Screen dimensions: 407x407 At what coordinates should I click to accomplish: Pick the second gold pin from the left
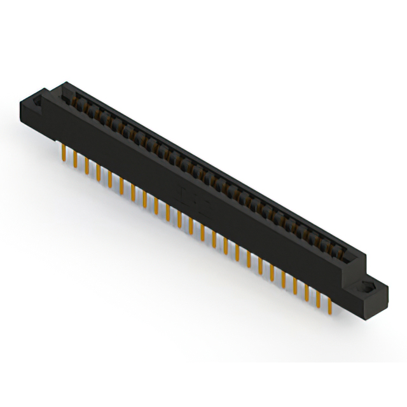click(x=76, y=158)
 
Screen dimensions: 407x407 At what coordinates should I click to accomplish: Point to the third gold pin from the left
click(x=87, y=164)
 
